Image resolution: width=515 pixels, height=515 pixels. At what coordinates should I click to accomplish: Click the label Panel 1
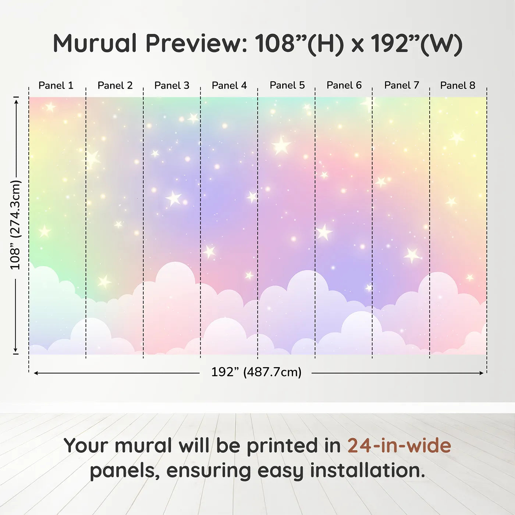point(56,85)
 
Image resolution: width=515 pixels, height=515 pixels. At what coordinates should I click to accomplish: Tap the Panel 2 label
point(115,85)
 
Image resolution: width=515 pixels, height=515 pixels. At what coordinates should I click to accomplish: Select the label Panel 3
point(172,85)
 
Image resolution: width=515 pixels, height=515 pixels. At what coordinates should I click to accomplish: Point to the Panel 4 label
point(229,85)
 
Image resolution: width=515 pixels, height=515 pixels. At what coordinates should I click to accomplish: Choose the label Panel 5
point(287,85)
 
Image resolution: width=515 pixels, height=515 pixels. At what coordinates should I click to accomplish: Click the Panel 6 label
point(344,85)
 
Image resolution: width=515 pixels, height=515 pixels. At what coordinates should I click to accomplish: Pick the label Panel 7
point(402,85)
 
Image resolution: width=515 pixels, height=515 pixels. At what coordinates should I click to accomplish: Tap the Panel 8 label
point(458,85)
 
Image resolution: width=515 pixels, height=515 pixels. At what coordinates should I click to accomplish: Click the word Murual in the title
point(95,43)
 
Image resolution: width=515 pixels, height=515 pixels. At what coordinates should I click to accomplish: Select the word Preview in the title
point(196,43)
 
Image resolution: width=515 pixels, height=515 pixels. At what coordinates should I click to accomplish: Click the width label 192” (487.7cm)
point(256,372)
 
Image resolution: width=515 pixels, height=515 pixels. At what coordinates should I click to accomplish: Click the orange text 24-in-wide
point(399,445)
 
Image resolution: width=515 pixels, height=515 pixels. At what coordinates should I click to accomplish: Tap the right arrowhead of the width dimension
point(482,373)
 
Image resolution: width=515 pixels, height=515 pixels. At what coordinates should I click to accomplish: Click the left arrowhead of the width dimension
point(36,373)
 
